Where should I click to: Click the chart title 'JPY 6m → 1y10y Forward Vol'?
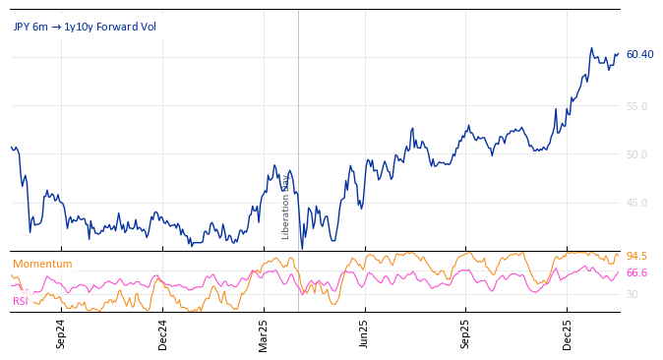tap(85, 27)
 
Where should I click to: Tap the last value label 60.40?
tap(639, 54)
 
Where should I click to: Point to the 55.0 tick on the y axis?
tap(636, 106)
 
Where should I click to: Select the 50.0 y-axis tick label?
tap(636, 154)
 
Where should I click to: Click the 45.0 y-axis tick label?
tap(636, 203)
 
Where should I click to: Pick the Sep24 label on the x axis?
tap(61, 333)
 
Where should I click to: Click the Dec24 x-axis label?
tap(163, 333)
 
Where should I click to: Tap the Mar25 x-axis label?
tap(264, 333)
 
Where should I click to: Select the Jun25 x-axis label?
tap(364, 333)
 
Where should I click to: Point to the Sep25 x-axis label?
tap(466, 333)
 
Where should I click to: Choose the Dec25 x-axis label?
tap(568, 333)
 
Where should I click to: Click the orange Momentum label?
tap(42, 264)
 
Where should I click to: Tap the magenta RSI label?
tap(20, 301)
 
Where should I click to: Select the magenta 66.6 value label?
tap(636, 273)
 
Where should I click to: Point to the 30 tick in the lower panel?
tap(633, 294)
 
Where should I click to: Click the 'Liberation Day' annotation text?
tap(286, 207)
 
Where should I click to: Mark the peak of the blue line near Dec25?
tap(591, 47)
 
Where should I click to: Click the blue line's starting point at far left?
tap(11, 148)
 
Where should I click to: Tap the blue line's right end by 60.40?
tap(618, 54)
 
